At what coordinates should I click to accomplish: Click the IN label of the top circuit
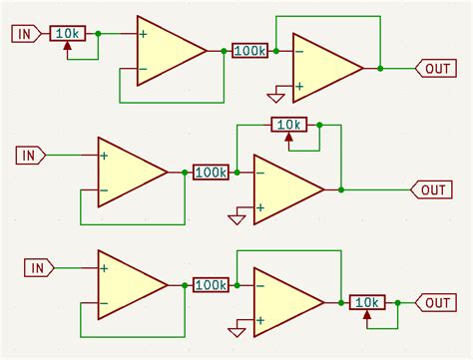pos(25,34)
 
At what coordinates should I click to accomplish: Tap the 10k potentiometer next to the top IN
pos(67,34)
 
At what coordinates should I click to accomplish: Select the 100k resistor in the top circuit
pos(249,50)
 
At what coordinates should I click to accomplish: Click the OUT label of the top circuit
pos(436,68)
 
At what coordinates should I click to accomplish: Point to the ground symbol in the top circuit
pos(274,97)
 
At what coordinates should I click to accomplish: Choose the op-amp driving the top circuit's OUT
pos(324,68)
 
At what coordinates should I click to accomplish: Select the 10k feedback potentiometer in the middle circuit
pos(289,125)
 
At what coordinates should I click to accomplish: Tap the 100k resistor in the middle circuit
pos(211,173)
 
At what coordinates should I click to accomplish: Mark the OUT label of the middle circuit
pos(431,189)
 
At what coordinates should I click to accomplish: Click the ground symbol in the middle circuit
pos(236,217)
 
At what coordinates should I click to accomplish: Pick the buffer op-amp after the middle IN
pos(130,173)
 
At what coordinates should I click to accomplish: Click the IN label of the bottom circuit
pos(38,267)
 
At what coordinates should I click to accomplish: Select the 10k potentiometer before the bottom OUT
pos(366,303)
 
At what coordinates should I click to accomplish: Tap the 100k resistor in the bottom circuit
pos(211,285)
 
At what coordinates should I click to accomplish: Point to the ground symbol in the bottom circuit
pos(236,330)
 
